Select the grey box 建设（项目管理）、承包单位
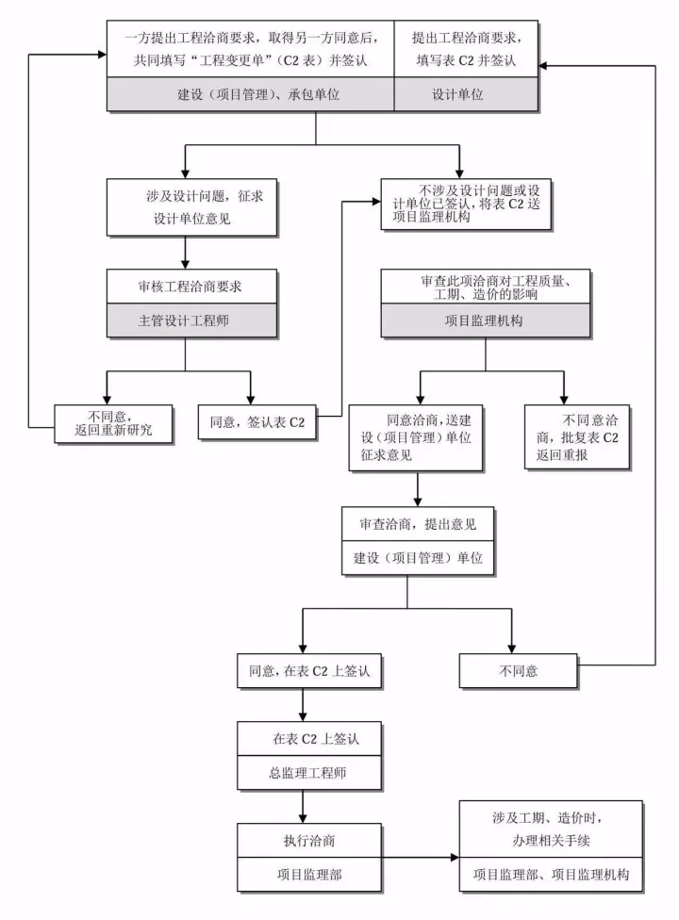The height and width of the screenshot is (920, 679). [x=249, y=95]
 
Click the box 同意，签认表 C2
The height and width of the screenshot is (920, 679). [x=257, y=422]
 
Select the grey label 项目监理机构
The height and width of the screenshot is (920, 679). [x=485, y=320]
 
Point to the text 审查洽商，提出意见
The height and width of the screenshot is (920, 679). [x=407, y=524]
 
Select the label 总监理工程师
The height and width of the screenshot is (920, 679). [x=301, y=773]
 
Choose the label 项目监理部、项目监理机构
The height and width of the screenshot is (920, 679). [x=551, y=875]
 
